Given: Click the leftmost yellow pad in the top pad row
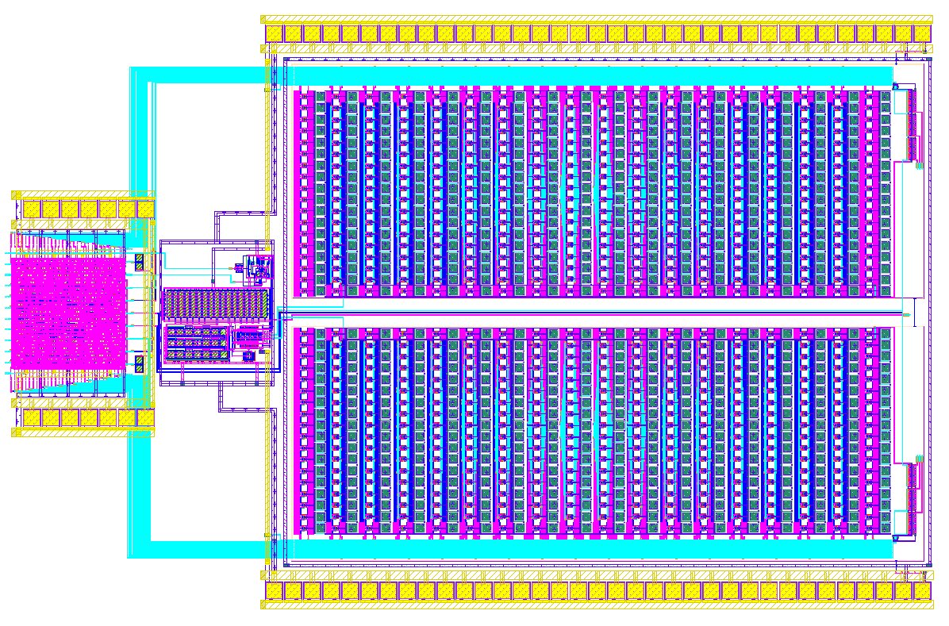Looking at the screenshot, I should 275,33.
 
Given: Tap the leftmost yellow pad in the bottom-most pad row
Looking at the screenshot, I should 275,591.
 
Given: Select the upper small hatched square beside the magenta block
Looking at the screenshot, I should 139,262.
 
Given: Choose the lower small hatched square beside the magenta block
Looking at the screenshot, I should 139,366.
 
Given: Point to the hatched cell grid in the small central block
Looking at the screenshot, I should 216,305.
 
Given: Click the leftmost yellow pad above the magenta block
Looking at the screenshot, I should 31,209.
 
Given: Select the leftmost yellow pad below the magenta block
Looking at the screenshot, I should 31,417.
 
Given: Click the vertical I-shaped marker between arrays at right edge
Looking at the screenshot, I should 915,311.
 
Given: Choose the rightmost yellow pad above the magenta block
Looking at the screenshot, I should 145,209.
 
